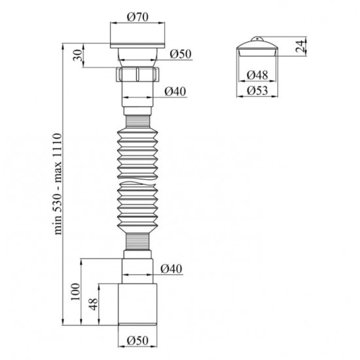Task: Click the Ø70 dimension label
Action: point(137,17)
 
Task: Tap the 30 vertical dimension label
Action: point(78,55)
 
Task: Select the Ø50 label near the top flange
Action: point(181,54)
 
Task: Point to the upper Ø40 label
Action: point(175,92)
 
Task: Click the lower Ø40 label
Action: point(171,268)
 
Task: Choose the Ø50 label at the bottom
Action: point(137,340)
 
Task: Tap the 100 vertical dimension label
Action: point(75,291)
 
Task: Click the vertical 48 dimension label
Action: point(94,304)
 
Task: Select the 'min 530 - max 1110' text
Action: point(58,184)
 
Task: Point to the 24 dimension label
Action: point(300,46)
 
